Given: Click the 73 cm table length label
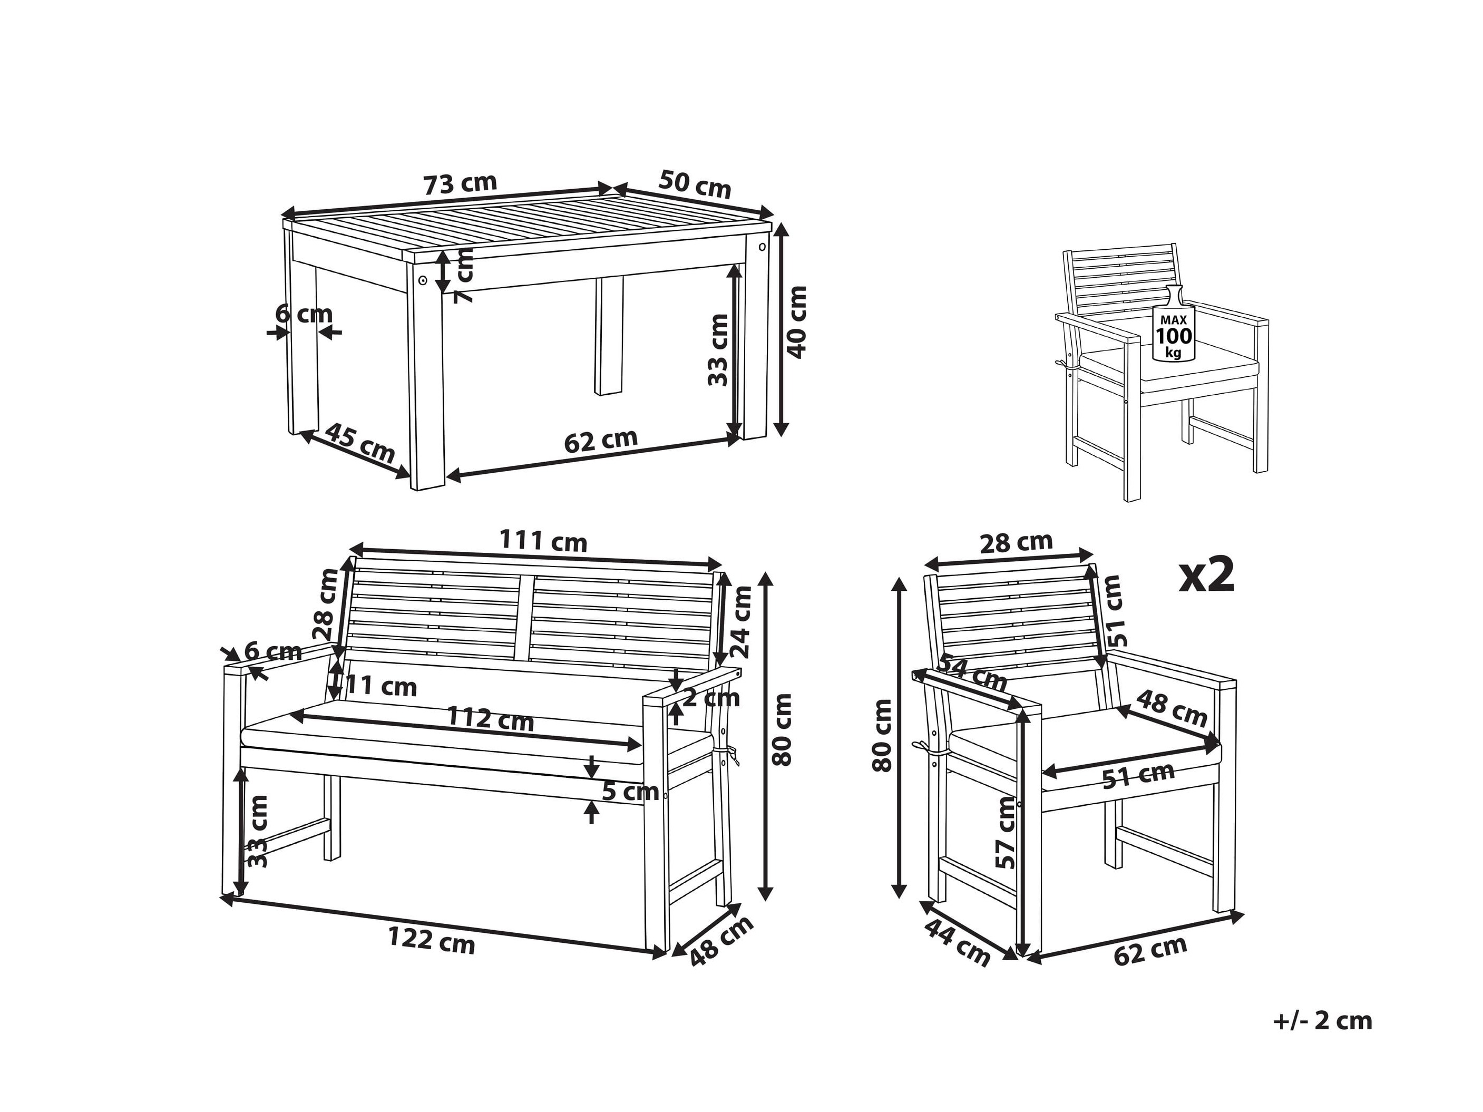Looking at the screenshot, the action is coord(460,183).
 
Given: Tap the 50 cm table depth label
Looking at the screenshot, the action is coord(695,183).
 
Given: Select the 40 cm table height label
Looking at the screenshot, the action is coord(796,323).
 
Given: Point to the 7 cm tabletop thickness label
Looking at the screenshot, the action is coord(463,275).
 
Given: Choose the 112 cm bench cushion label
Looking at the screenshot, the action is coord(490,719).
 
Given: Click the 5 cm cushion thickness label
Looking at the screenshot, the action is coord(630,792).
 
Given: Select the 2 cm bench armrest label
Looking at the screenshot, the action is coord(711,698).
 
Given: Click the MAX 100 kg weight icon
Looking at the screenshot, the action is coord(1173,325).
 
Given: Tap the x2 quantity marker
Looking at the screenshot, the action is coord(1207,575).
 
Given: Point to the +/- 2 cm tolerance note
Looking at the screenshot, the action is coord(1323,1021).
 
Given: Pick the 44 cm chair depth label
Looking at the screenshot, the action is coord(957,942).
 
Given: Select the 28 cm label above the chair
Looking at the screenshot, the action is coord(1017,542).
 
